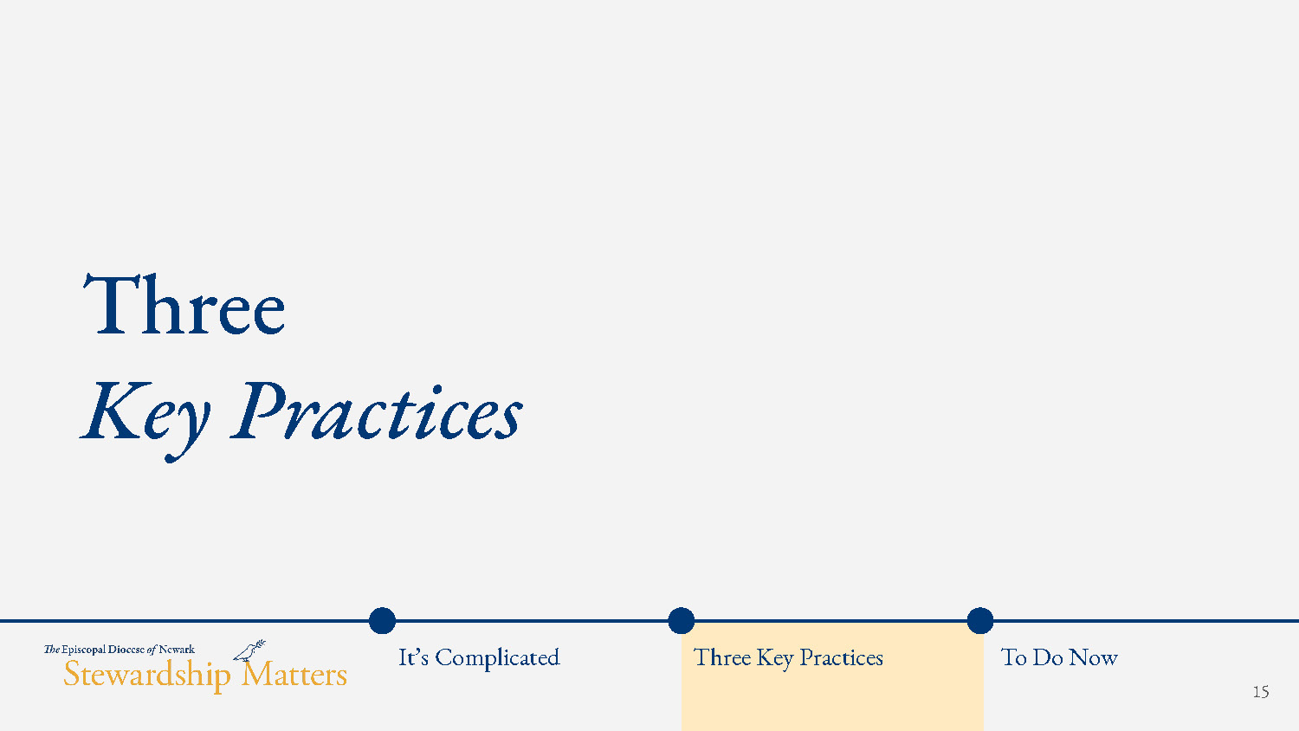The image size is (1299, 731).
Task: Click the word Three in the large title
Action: pos(184,304)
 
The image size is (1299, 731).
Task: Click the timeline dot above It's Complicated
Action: pos(382,621)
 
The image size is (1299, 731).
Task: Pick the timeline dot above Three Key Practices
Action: pos(682,621)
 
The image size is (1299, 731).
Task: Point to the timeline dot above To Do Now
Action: pos(980,621)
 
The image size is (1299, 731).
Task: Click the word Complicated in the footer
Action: pos(498,658)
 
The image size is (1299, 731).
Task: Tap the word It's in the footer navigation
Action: pos(413,657)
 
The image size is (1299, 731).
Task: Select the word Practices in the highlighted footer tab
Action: pos(842,657)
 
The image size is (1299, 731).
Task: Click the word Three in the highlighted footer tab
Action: pos(722,657)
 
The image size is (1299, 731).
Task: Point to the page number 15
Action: pos(1261,691)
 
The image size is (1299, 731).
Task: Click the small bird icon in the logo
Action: pos(249,650)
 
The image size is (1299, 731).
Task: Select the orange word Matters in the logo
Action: pos(294,674)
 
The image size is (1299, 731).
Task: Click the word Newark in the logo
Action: pos(177,650)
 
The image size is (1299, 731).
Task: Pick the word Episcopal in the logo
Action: pos(83,650)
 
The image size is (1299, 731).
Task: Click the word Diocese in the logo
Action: pos(126,650)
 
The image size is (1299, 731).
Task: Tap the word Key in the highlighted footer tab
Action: pos(775,659)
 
